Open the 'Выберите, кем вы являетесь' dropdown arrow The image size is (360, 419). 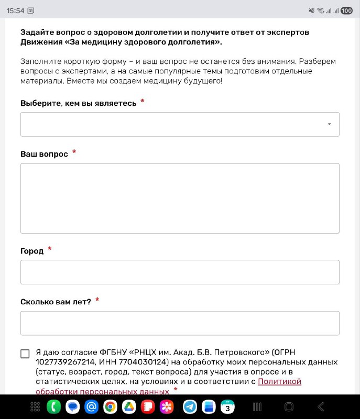tap(329, 124)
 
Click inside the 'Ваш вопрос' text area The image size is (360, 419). tap(180, 198)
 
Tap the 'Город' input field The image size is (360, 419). tap(180, 272)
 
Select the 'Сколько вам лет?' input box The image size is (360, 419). tap(180, 323)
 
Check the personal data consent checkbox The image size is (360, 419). tap(25, 354)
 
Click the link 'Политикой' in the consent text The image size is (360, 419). tap(279, 382)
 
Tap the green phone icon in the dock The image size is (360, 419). tap(53, 406)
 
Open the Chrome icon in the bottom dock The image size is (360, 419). tap(110, 406)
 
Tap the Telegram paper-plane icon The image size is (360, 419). tap(190, 406)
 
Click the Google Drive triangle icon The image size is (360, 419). tap(129, 406)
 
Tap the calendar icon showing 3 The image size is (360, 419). tap(227, 406)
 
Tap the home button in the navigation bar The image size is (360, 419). tap(289, 406)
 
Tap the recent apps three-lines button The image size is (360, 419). tap(257, 406)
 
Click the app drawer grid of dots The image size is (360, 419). tap(36, 406)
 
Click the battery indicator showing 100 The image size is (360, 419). tap(346, 10)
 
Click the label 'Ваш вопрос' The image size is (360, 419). tap(44, 154)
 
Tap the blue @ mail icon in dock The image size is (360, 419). tap(91, 406)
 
